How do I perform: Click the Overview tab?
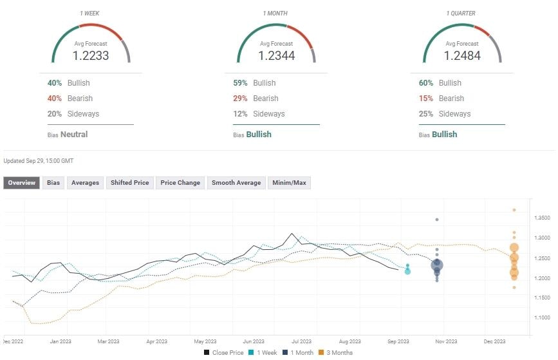tap(21, 183)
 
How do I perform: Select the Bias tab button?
tap(53, 183)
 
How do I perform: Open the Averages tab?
tap(85, 183)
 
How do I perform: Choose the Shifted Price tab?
tap(130, 183)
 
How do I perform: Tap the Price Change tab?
tap(180, 183)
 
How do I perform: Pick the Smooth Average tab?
tap(236, 183)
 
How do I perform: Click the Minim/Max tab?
tap(290, 183)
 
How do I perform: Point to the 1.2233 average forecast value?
tap(91, 56)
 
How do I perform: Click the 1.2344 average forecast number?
tap(277, 56)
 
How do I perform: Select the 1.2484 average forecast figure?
tap(463, 56)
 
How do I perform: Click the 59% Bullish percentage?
tap(241, 83)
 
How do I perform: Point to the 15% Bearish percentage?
tap(427, 99)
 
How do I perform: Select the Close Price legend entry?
tap(224, 352)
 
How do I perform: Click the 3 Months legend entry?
tap(338, 352)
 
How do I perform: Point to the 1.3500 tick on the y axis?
tap(543, 219)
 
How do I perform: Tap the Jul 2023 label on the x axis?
tap(301, 341)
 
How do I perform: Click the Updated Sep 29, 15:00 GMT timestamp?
tap(39, 160)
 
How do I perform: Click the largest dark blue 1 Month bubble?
tap(438, 265)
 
